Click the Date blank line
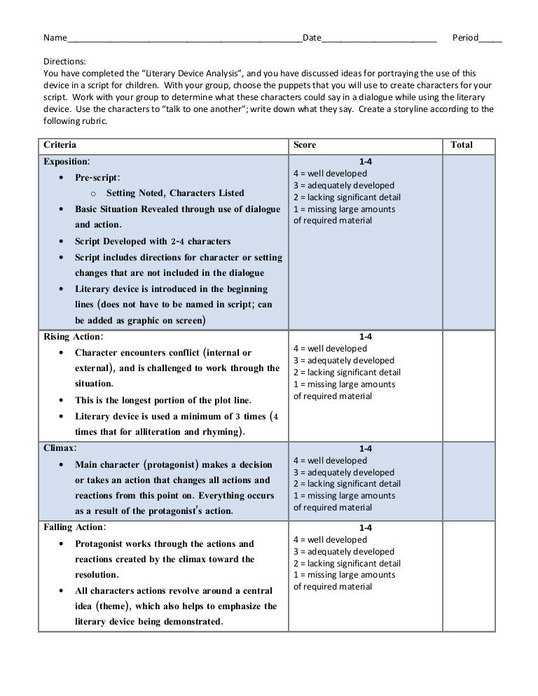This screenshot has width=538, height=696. [379, 39]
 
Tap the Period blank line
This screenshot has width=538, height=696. [490, 39]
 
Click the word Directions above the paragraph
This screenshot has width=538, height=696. [64, 62]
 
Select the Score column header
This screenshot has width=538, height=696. [305, 145]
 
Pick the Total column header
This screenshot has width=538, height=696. [462, 145]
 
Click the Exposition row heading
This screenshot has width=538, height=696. [67, 161]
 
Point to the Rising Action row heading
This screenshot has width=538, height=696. [72, 337]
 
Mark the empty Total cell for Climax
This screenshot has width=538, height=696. [470, 480]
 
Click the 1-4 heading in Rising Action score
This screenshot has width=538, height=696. [366, 337]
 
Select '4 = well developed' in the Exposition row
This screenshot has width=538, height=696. [330, 174]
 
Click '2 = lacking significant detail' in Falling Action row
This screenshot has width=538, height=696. [347, 564]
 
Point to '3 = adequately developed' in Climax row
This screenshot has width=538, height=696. [343, 473]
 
